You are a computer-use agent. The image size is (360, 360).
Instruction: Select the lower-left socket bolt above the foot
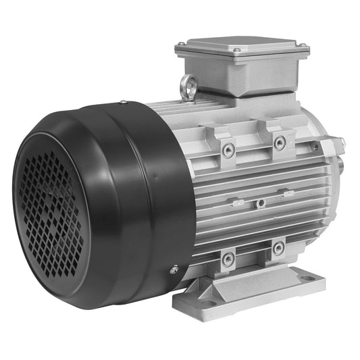pos(228,257)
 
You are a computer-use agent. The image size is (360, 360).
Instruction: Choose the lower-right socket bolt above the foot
pos(277,249)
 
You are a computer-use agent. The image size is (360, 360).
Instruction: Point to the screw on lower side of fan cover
pos(174,269)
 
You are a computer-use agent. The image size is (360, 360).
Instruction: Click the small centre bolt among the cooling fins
pos(259,201)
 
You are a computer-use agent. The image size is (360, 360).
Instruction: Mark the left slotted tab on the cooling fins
pos(236,202)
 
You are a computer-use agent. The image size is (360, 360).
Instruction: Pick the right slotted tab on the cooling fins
pos(288,194)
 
